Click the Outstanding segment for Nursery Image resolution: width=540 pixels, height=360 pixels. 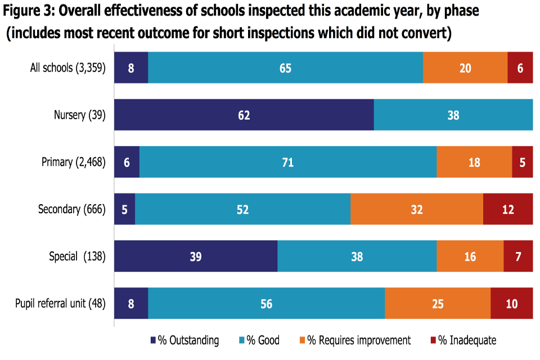click(x=244, y=115)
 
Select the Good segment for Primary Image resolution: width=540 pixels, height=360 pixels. click(x=287, y=162)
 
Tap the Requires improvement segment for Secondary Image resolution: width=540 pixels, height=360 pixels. click(x=416, y=209)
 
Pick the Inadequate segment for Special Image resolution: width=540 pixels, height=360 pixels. click(x=518, y=256)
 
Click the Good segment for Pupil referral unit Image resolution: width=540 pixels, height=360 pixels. click(x=266, y=304)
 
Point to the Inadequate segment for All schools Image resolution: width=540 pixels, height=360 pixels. click(x=520, y=67)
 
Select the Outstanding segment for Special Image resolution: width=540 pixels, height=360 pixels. click(x=196, y=256)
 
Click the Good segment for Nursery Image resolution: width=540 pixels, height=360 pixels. click(x=453, y=115)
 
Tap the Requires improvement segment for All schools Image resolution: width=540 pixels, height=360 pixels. click(x=465, y=67)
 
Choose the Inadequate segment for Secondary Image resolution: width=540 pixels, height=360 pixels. click(x=508, y=209)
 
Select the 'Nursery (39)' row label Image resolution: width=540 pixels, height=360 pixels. click(x=79, y=115)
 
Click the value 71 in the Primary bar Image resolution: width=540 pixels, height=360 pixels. click(x=287, y=162)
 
